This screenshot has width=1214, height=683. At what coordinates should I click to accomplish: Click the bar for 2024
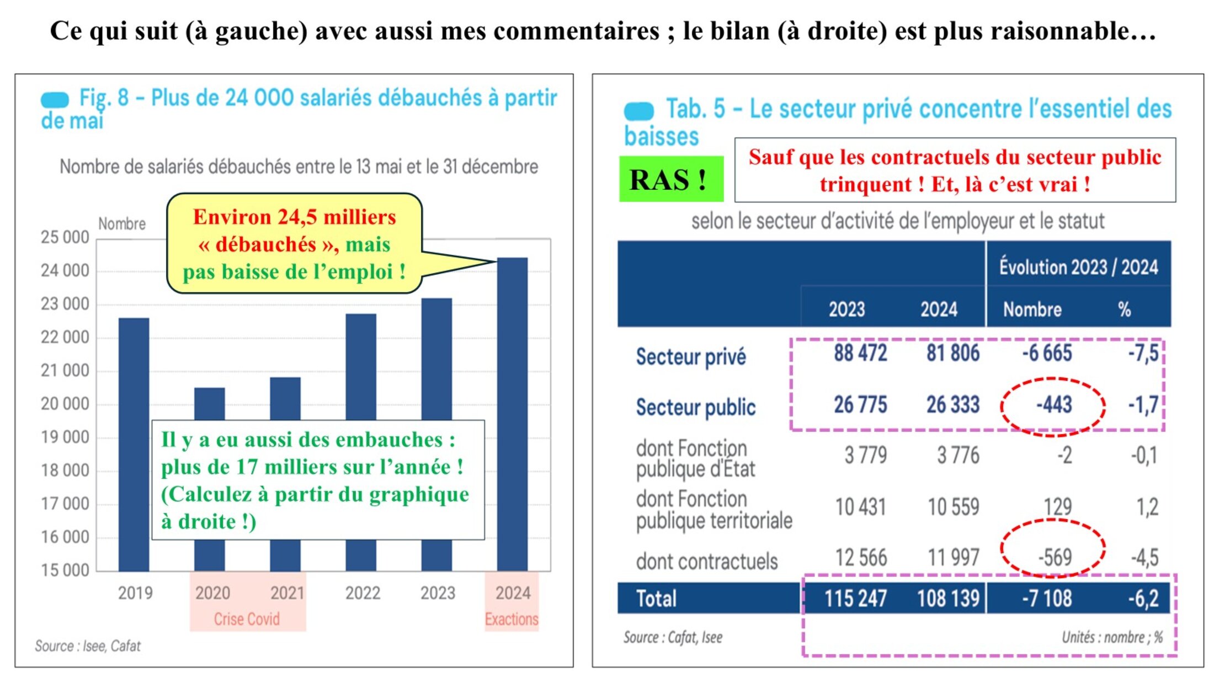pyautogui.click(x=512, y=414)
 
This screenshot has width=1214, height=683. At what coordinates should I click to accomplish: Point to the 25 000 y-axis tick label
pyautogui.click(x=65, y=237)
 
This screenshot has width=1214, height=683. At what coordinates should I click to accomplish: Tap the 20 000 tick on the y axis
pyautogui.click(x=65, y=404)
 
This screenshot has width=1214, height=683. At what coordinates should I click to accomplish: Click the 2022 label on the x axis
pyautogui.click(x=363, y=593)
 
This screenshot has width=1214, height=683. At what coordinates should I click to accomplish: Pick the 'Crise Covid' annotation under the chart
pyautogui.click(x=247, y=619)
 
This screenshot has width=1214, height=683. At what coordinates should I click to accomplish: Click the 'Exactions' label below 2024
pyautogui.click(x=512, y=619)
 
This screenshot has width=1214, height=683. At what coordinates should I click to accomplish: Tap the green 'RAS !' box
pyautogui.click(x=670, y=179)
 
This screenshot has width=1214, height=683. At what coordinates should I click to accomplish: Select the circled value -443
pyautogui.click(x=1053, y=405)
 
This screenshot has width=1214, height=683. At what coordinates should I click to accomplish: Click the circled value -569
pyautogui.click(x=1055, y=557)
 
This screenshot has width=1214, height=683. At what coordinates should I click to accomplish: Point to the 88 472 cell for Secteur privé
pyautogui.click(x=860, y=353)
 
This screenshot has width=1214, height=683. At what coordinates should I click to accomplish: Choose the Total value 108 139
pyautogui.click(x=948, y=598)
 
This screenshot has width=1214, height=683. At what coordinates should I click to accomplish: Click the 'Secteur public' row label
pyautogui.click(x=695, y=407)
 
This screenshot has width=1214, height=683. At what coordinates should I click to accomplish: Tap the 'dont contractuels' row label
pyautogui.click(x=706, y=562)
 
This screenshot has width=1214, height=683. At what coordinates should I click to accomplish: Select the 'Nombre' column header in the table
pyautogui.click(x=1032, y=310)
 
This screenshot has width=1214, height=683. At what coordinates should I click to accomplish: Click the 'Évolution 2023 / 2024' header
pyautogui.click(x=1078, y=267)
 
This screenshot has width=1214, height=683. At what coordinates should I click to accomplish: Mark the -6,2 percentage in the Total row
pyautogui.click(x=1143, y=598)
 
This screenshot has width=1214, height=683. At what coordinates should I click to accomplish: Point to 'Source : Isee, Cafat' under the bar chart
pyautogui.click(x=88, y=645)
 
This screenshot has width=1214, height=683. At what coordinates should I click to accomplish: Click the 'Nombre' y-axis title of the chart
pyautogui.click(x=122, y=224)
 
